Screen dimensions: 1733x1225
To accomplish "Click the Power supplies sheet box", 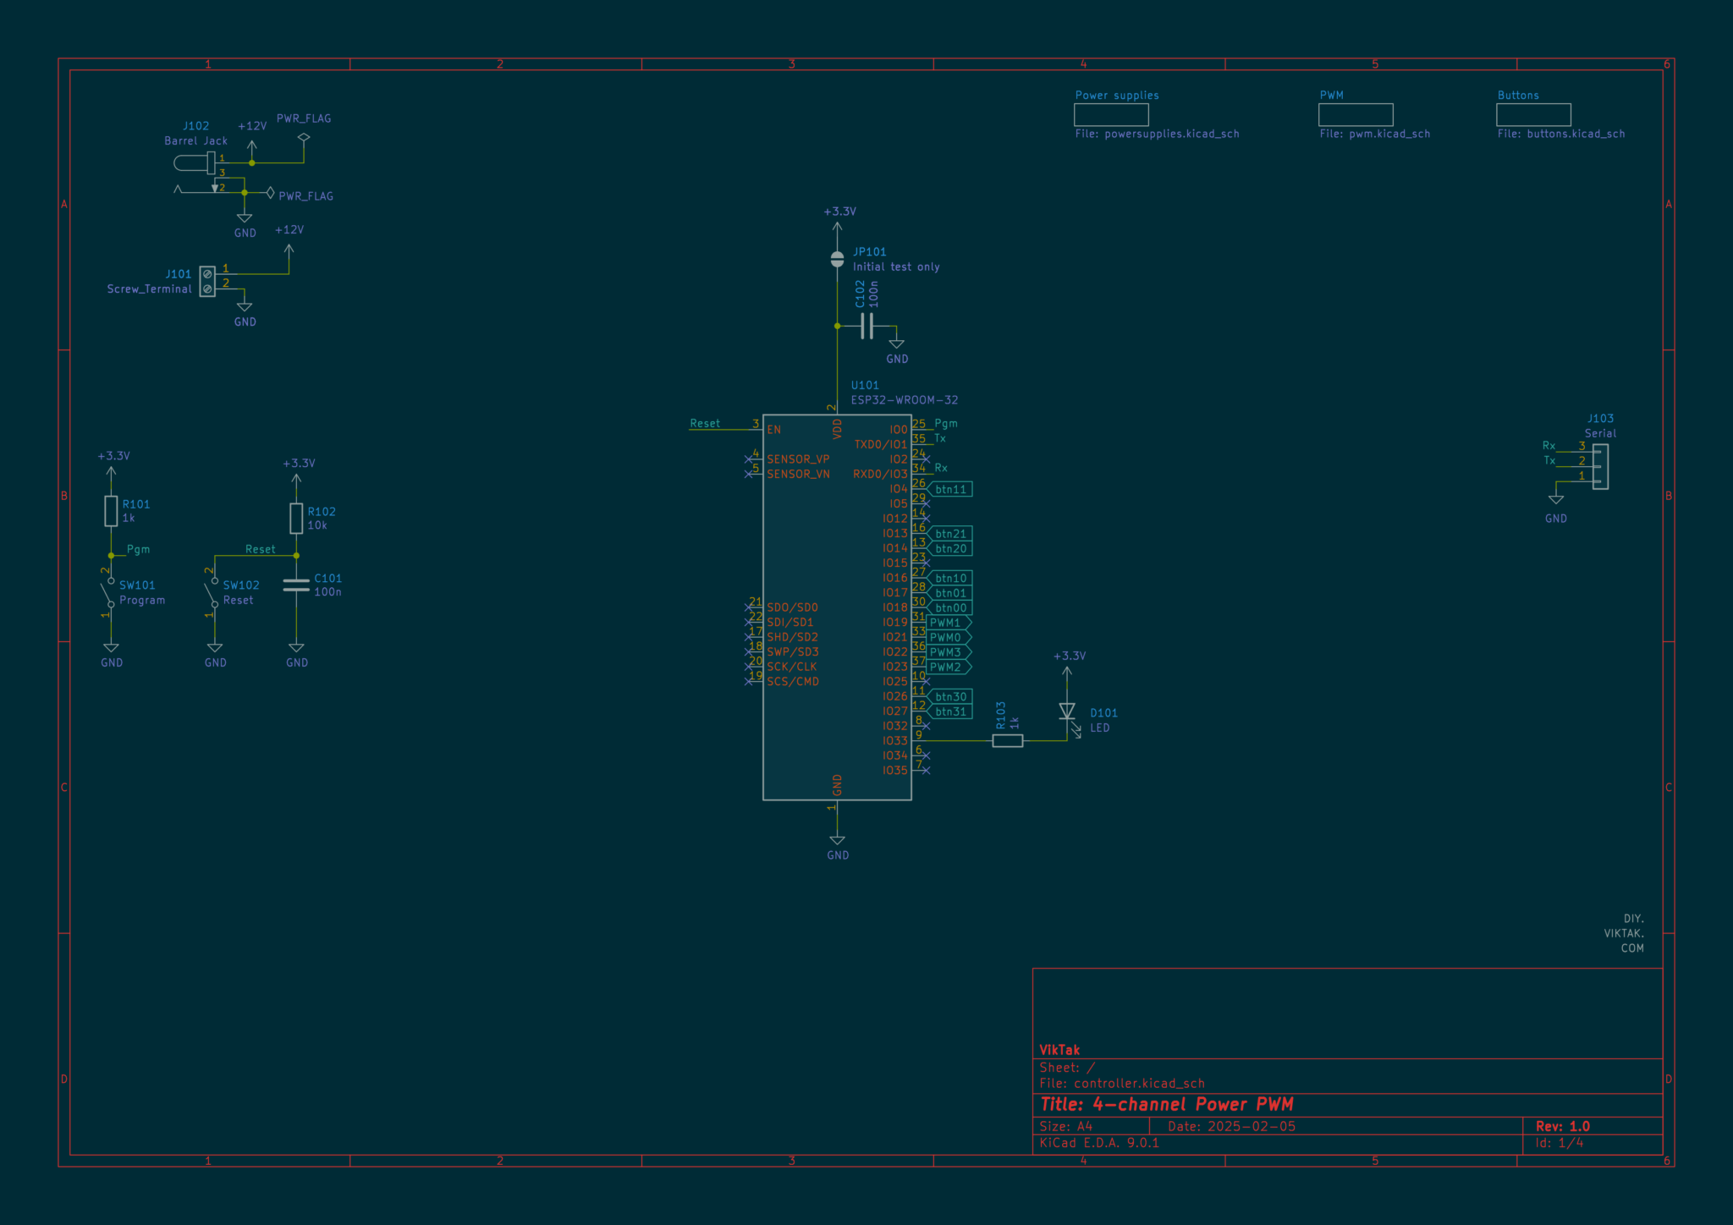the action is click(1111, 114).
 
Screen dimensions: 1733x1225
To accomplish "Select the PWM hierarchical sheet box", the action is click(1356, 114).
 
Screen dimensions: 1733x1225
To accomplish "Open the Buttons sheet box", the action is click(1533, 114).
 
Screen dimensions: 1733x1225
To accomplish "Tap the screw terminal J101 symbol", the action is click(207, 282).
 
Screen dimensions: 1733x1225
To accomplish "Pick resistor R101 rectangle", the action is click(111, 511).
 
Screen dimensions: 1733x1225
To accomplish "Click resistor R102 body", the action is click(296, 519).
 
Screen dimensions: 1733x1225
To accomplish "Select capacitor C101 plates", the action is click(296, 585).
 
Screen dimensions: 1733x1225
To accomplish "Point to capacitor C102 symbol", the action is click(866, 326).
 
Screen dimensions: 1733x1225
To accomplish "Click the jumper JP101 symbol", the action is click(837, 259).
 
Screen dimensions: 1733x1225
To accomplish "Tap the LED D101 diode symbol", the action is click(1067, 711).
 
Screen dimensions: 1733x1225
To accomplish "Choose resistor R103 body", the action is click(1007, 741).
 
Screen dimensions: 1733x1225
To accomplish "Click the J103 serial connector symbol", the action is click(1600, 467).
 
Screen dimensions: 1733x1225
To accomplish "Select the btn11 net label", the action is click(949, 489).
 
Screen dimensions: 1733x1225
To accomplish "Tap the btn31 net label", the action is click(949, 711).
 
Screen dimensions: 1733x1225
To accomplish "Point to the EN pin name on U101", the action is click(774, 430).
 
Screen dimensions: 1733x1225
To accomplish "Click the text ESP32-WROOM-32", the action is click(905, 400).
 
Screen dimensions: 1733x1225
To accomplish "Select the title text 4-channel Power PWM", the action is click(1193, 1104).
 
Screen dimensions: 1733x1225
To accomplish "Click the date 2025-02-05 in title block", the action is click(1252, 1126).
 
